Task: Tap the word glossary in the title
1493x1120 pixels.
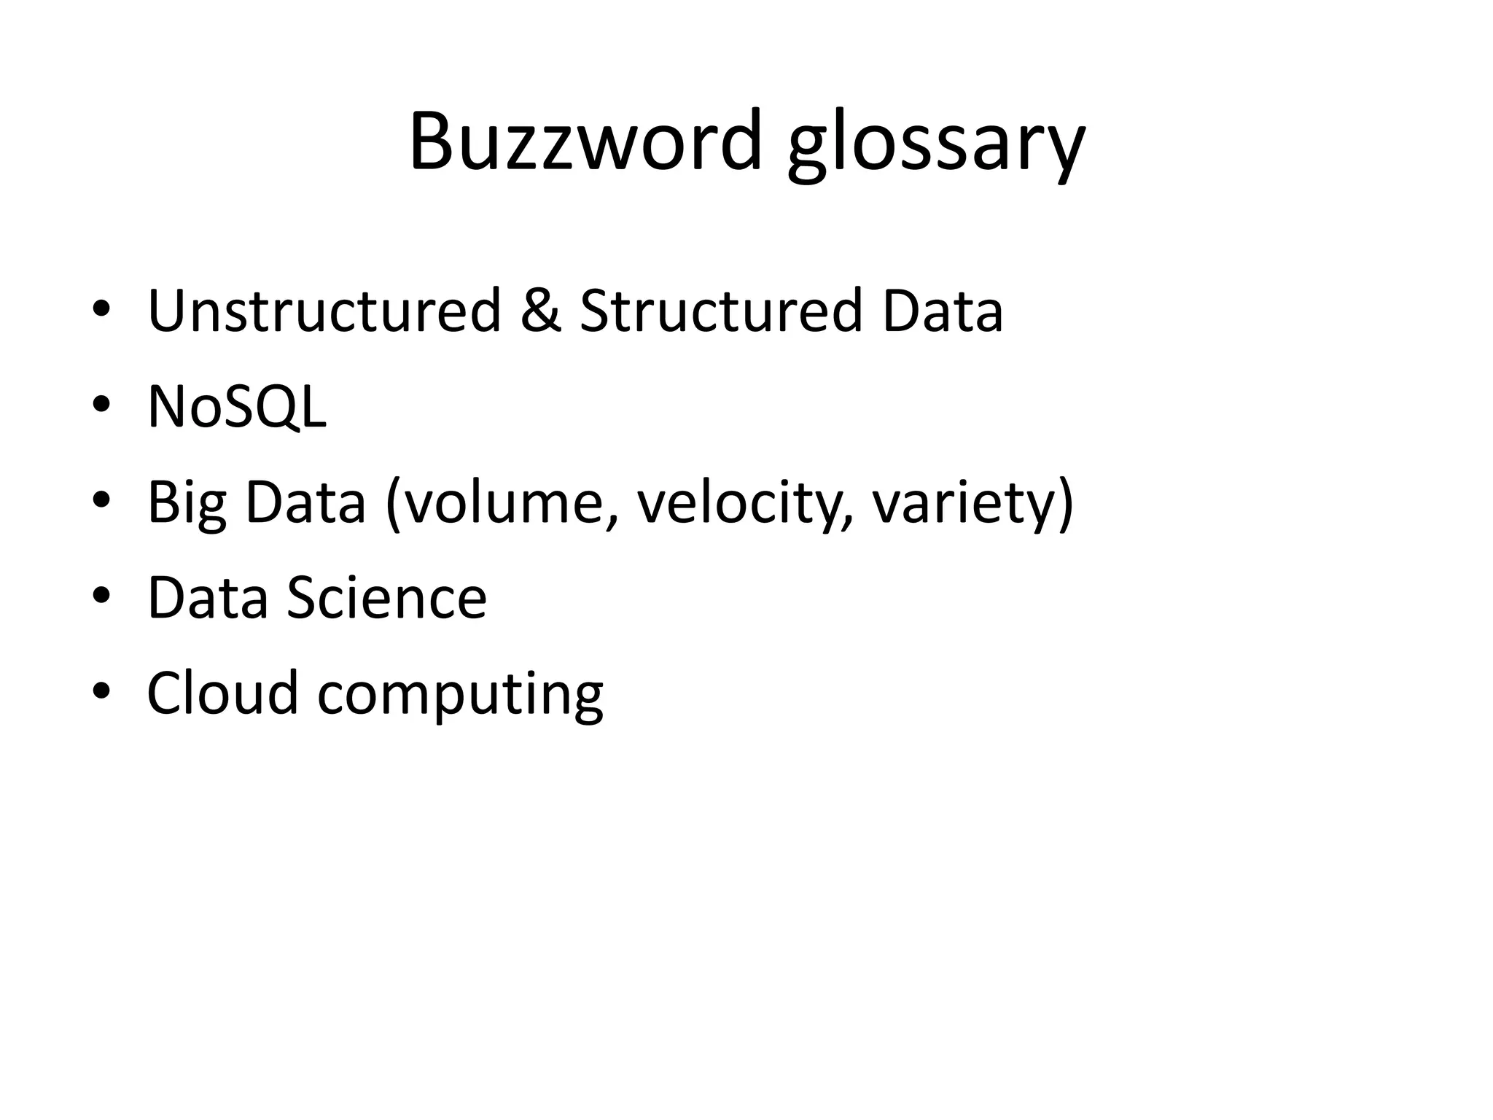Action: [x=937, y=146]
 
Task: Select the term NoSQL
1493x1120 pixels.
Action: [x=237, y=406]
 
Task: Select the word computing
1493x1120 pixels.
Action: [x=460, y=696]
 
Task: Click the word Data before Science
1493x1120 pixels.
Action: [x=208, y=597]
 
